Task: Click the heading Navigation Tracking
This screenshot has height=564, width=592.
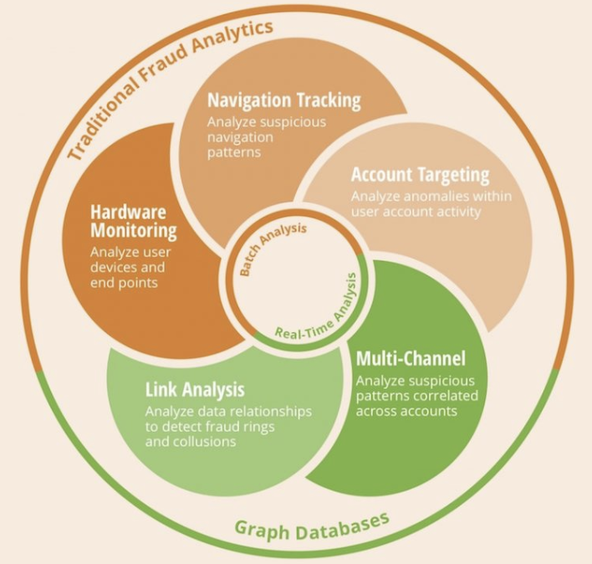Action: coord(284,100)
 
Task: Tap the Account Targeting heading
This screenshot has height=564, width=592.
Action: coord(420,175)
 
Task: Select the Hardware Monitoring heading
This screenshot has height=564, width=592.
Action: coord(134,219)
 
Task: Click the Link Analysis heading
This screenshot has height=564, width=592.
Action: coord(195,389)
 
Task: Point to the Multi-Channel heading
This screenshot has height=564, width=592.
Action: coord(411,359)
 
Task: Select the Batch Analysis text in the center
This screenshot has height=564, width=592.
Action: coord(273,249)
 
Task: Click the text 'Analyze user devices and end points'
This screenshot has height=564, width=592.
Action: coord(128,267)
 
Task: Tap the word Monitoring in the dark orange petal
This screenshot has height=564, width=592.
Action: coord(134,229)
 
